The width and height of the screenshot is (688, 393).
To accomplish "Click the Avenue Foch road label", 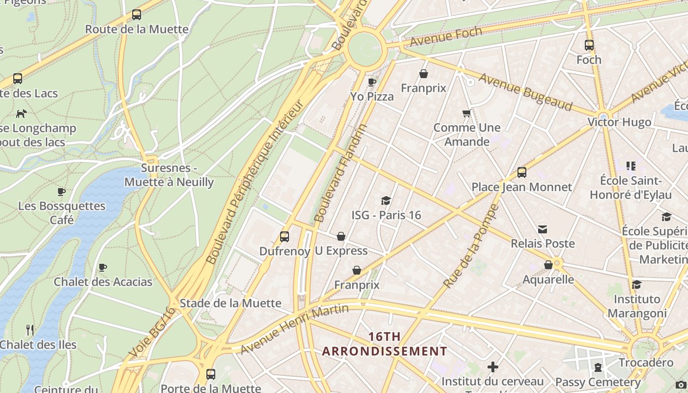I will [446, 37].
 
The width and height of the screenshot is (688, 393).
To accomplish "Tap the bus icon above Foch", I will [589, 45].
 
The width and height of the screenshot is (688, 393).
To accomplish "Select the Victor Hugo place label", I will [619, 122].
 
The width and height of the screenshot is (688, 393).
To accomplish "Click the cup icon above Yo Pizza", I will [372, 82].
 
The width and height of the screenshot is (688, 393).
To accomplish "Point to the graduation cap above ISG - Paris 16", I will [386, 200].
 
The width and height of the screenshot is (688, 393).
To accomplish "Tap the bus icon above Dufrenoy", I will [285, 237].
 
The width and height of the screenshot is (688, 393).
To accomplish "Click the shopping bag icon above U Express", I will [341, 236].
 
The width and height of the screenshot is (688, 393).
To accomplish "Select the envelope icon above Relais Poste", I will [543, 229].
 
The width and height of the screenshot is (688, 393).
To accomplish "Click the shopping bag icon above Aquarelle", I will [548, 265].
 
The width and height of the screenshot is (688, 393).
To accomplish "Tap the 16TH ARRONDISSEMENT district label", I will [384, 344].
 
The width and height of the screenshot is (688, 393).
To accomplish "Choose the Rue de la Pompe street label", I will [471, 246].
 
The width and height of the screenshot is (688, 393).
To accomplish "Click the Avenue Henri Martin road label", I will [294, 329].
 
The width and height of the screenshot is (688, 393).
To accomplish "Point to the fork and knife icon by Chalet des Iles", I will [30, 330].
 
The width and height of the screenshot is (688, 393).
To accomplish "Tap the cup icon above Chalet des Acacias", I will [103, 268].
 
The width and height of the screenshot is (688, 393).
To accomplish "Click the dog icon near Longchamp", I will [21, 113].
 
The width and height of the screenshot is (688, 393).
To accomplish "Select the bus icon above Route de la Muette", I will [137, 15].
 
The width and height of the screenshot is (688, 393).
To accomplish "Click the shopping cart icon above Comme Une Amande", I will [466, 113].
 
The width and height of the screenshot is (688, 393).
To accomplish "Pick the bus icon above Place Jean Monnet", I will [522, 172].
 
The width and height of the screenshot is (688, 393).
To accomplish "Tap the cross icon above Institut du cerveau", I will [492, 367].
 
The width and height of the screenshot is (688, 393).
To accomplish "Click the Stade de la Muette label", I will [230, 303].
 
